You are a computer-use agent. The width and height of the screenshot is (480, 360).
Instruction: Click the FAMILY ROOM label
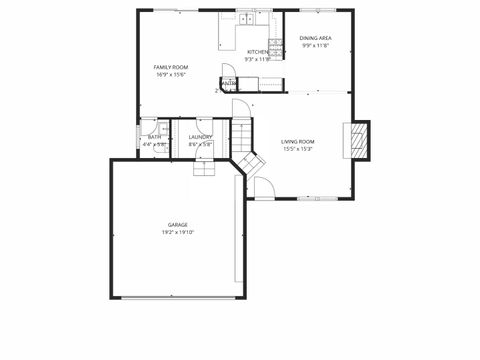[x=171, y=67]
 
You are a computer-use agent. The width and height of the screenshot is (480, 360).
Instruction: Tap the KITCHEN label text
[x=258, y=51]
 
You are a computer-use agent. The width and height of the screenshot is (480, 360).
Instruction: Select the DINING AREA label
[x=317, y=38]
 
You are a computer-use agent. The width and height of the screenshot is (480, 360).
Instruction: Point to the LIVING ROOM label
[x=298, y=142]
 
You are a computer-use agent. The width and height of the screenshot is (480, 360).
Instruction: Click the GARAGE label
[x=178, y=225]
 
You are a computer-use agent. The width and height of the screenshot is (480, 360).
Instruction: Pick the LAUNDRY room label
[x=200, y=137]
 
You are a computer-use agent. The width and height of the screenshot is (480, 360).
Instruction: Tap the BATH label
[x=154, y=137]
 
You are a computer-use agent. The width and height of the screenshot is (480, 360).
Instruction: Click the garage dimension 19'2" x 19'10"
[x=178, y=232]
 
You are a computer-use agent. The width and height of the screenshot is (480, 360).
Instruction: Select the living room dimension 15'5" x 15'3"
[x=298, y=149]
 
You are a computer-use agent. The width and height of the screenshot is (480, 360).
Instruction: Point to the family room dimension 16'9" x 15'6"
[x=171, y=74]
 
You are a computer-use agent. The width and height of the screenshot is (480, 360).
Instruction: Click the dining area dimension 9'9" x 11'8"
[x=317, y=45]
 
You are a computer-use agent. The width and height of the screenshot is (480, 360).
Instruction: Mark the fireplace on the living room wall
[x=357, y=141]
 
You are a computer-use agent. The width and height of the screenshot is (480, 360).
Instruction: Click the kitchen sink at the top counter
[x=245, y=18]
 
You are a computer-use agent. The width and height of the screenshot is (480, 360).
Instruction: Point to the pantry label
[x=229, y=83]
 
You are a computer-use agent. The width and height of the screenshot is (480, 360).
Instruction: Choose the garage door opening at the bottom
[x=178, y=297]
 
